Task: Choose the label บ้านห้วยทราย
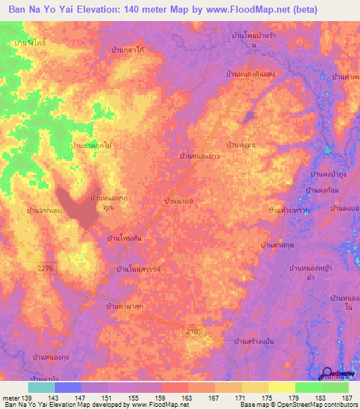tap(290, 210)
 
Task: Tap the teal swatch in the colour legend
tap(41, 387)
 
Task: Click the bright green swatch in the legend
tap(309, 387)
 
